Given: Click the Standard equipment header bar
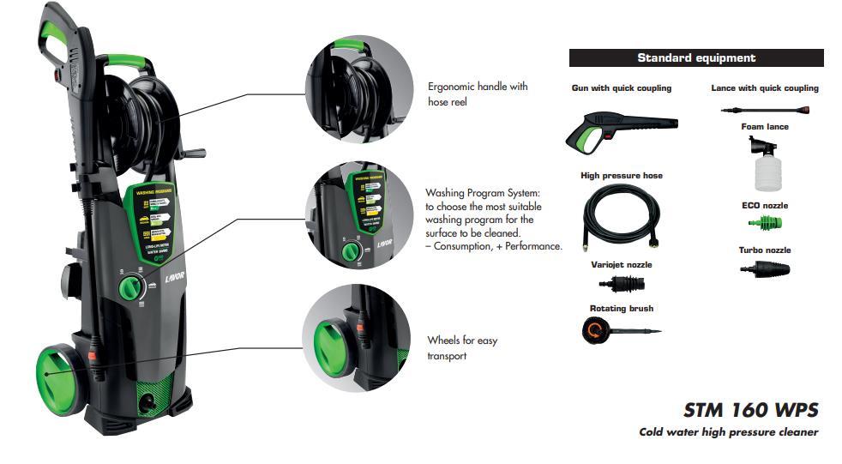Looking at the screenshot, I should click(696, 58).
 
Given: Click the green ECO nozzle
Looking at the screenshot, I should click(764, 224).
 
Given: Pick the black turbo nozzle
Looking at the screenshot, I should click(765, 268).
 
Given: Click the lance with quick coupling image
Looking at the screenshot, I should click(765, 110).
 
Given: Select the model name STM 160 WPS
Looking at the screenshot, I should click(750, 409).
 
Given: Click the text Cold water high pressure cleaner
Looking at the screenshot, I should click(728, 432).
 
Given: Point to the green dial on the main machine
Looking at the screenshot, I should click(131, 286).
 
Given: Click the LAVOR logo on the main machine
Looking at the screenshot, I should click(175, 280).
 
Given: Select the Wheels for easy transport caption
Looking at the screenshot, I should click(462, 347).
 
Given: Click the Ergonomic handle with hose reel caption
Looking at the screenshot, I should click(478, 93).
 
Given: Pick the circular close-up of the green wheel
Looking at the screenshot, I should click(352, 335).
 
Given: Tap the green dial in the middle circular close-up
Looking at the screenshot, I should click(349, 251).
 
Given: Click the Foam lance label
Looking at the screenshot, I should click(765, 127).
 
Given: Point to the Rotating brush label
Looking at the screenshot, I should click(622, 309).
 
